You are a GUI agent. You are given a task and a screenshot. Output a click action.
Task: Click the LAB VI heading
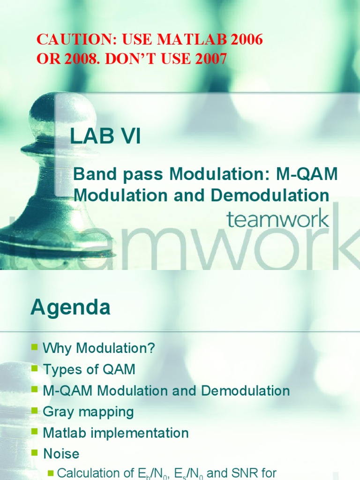[x=105, y=137]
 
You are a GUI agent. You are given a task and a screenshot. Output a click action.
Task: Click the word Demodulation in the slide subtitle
[x=273, y=195]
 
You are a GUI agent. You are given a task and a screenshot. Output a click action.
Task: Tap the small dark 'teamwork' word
[x=277, y=219]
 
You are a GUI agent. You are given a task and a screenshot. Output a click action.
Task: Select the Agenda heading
[x=70, y=308]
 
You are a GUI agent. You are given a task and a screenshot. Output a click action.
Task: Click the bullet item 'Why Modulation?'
[x=98, y=348]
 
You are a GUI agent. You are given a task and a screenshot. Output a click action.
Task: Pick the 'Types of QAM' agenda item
[x=89, y=369]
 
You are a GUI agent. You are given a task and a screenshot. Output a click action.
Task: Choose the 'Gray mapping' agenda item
[x=88, y=412]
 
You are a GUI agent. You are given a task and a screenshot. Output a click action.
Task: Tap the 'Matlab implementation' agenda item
[x=115, y=433]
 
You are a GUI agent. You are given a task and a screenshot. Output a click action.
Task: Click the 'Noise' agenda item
[x=61, y=454]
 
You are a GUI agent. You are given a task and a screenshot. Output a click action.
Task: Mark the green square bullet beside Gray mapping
[x=35, y=411]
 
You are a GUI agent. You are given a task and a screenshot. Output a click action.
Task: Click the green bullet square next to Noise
[x=35, y=453]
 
